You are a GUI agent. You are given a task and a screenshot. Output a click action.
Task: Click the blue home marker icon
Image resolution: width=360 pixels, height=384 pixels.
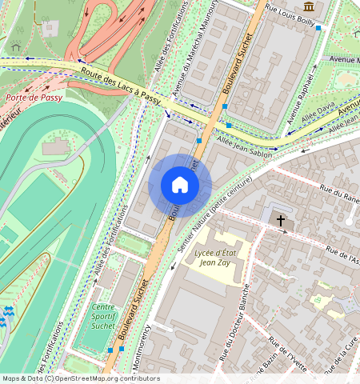click(x=180, y=186)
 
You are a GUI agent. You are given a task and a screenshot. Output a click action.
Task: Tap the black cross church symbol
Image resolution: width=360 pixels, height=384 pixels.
click(x=280, y=219)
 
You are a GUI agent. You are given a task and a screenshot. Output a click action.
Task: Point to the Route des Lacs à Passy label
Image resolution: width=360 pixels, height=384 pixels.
click(x=120, y=86)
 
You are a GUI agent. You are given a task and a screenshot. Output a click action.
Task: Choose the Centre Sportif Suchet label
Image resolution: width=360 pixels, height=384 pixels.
click(x=103, y=317)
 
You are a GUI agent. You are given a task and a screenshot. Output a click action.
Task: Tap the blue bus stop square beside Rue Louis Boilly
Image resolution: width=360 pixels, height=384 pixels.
click(x=318, y=28)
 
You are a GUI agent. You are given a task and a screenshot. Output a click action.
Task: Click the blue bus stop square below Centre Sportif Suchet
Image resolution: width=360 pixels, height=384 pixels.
click(x=110, y=350)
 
